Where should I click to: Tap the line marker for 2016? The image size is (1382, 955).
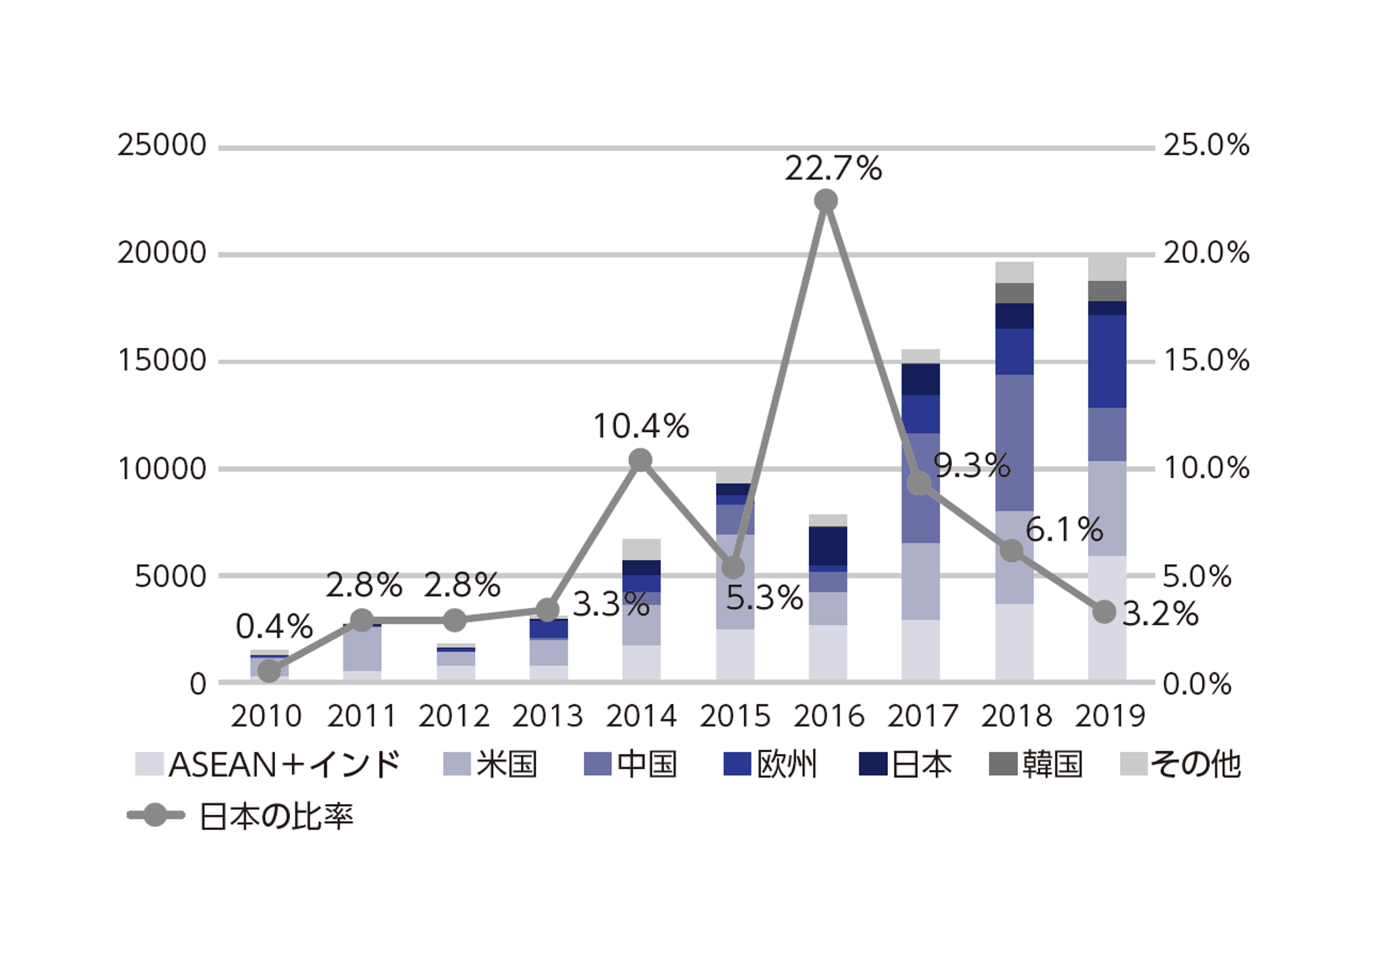click(826, 201)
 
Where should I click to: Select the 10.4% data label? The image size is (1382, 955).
click(641, 427)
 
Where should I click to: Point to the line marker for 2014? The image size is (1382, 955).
click(640, 460)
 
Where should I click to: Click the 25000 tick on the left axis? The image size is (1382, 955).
click(161, 145)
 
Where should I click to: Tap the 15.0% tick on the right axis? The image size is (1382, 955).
click(1206, 361)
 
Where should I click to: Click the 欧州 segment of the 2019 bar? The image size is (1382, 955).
click(1107, 361)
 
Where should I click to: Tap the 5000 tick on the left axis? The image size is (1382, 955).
click(170, 577)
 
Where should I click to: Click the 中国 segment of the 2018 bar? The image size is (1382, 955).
click(1014, 443)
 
